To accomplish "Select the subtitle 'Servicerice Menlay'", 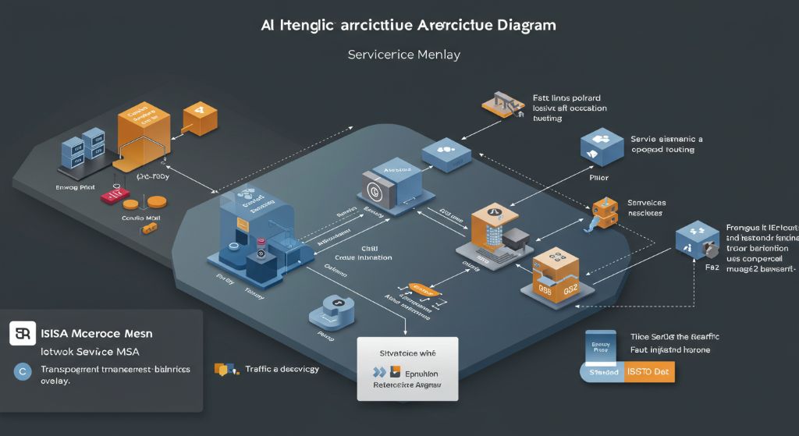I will click(x=403, y=55).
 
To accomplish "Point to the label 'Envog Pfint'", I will click(x=76, y=188).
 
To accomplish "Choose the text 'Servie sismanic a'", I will click(x=666, y=139).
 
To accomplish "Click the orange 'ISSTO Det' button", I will click(x=649, y=372).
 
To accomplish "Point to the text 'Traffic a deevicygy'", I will click(x=282, y=369).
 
